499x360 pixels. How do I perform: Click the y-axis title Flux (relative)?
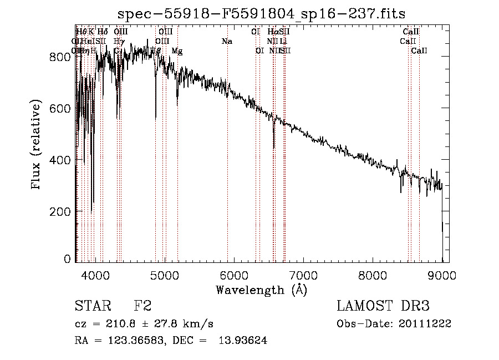coord(37,145)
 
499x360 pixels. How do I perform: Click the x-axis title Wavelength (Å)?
coord(261,290)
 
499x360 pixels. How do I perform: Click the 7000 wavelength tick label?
coord(303,275)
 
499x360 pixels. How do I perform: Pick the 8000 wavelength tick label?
coord(373,275)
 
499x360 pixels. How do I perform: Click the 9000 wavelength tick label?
coord(442,275)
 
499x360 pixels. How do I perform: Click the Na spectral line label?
coord(226,42)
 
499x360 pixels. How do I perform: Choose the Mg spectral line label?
coord(177,51)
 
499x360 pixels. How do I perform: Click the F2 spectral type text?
coord(142,306)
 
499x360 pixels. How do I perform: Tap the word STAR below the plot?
coord(93,306)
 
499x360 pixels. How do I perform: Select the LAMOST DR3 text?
coord(383,306)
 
